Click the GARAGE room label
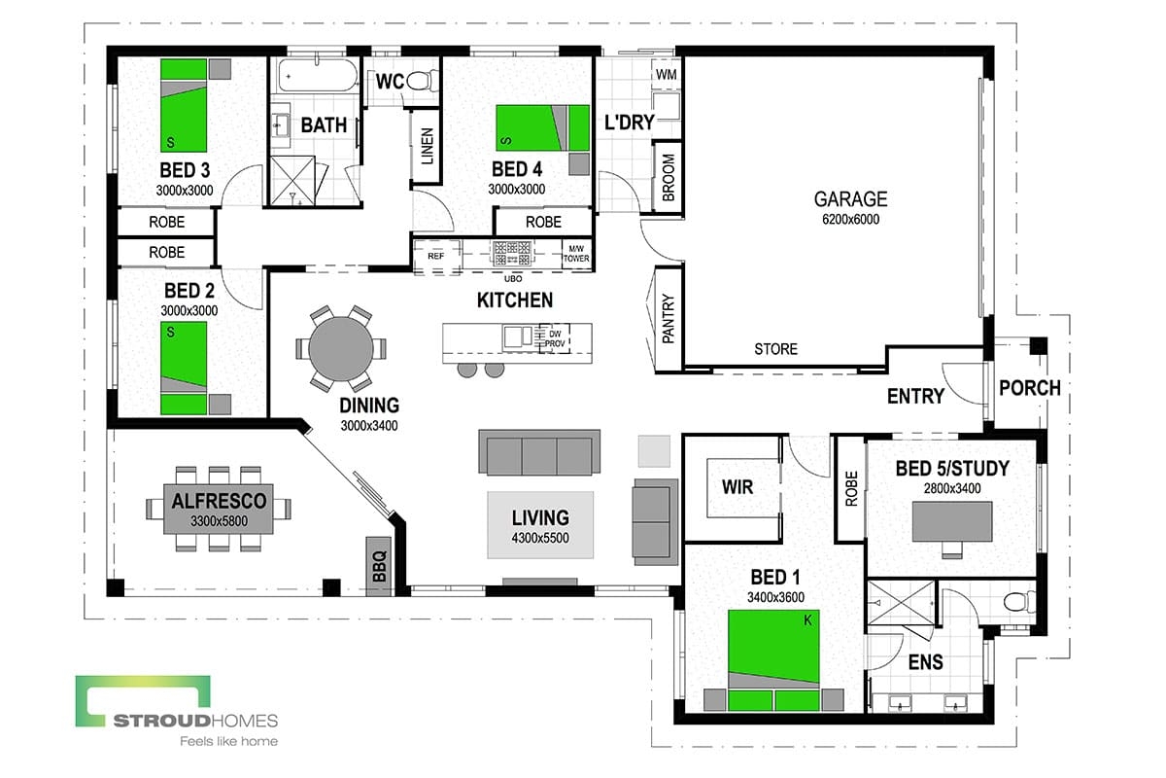(850, 199)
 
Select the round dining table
(340, 347)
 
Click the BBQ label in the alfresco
(378, 564)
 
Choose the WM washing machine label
(667, 75)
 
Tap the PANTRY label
(669, 320)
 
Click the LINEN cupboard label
(427, 147)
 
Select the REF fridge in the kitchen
(435, 257)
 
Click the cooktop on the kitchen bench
(510, 254)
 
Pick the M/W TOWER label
(575, 255)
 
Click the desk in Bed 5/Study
(952, 522)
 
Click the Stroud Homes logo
(177, 710)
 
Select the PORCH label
(1029, 387)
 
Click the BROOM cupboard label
(669, 178)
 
